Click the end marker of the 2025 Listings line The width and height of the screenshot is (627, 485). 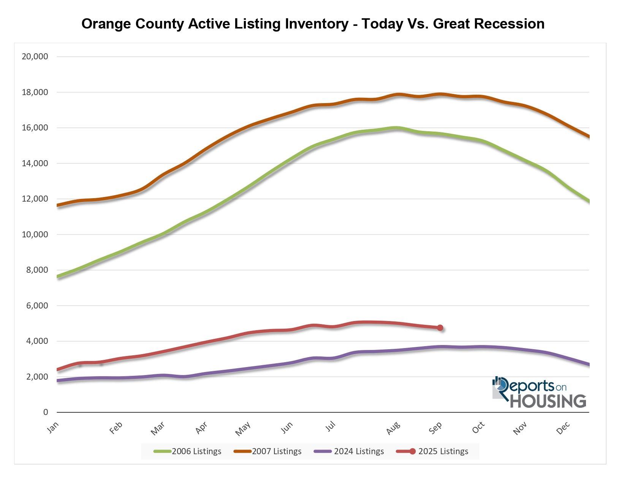pos(440,328)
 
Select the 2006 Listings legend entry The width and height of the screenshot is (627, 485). pos(188,452)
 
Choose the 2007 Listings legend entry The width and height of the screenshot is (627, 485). pos(268,452)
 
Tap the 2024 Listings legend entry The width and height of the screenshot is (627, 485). pos(349,452)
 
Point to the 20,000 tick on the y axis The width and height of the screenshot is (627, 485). pos(35,57)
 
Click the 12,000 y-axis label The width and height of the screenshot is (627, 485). pos(35,199)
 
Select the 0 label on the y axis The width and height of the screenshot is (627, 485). pos(46,412)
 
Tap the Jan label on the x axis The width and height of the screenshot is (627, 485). pos(53,428)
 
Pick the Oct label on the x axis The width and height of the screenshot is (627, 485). pos(478,428)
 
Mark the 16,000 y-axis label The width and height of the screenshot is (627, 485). pos(35,128)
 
